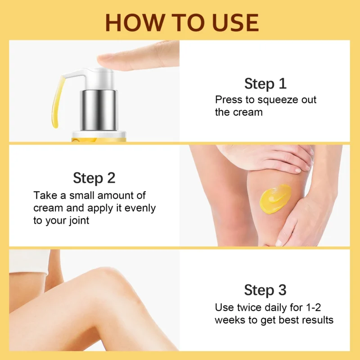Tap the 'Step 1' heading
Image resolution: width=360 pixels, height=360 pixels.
coord(265,83)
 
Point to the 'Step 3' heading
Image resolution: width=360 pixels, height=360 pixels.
coord(265,290)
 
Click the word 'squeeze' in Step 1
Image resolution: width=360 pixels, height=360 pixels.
coord(273,100)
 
